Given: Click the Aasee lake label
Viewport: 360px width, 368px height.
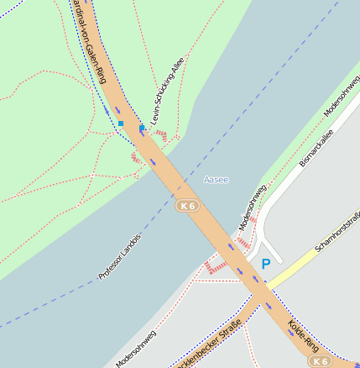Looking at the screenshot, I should point(216,180).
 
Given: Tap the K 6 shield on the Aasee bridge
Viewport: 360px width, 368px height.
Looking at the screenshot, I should point(187,205).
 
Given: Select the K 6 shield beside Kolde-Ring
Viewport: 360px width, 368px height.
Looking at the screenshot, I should point(319,360).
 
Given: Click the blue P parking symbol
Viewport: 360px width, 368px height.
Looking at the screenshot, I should point(266,264).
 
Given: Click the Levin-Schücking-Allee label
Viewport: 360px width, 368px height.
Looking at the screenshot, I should point(168,91).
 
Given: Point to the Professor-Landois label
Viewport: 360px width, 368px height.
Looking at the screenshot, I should point(120,256).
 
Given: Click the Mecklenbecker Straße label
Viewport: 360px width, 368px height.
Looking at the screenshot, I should point(205,344).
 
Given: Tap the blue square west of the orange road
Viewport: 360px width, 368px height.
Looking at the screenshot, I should point(121,124).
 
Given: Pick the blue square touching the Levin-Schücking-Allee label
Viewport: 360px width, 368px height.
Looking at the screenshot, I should point(143,128).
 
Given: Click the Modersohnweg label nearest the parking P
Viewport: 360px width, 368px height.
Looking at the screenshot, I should point(253,206).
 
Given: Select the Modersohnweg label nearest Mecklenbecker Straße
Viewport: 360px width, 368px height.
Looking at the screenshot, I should point(136,349).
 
